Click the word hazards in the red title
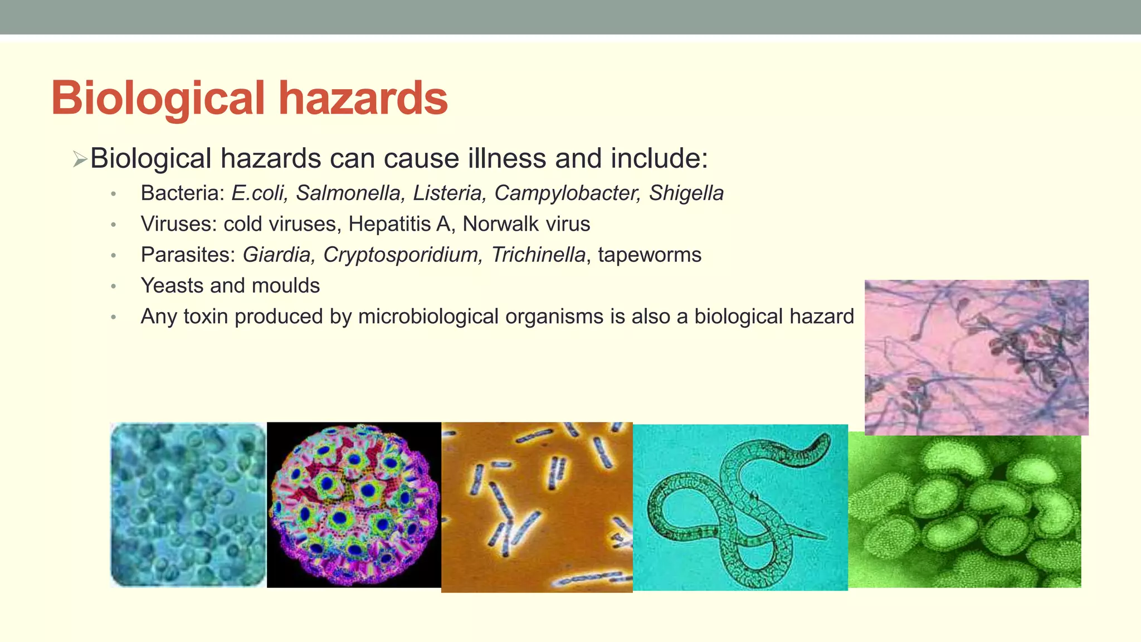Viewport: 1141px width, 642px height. (363, 98)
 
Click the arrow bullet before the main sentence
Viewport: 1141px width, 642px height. (80, 160)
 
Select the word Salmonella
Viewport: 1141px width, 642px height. (348, 193)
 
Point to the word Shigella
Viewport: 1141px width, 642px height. (686, 193)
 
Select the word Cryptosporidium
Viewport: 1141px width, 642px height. (401, 255)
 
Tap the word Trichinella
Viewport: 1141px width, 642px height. (538, 255)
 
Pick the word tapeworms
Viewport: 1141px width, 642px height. (649, 255)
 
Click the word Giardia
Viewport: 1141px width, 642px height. (276, 255)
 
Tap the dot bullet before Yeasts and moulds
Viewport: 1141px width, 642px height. (113, 286)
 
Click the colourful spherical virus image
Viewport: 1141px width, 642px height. (354, 505)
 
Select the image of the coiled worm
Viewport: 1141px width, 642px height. (740, 507)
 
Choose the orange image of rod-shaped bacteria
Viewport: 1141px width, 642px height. (537, 507)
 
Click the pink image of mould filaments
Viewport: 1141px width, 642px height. (976, 357)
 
